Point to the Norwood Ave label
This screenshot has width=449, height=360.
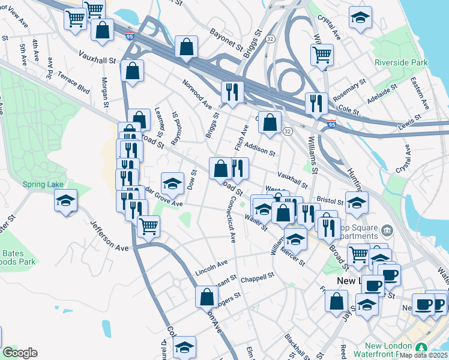click(197, 94)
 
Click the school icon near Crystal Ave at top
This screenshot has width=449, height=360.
click(360, 18)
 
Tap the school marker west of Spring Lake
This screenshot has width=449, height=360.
click(65, 201)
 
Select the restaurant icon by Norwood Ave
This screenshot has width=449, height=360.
click(232, 92)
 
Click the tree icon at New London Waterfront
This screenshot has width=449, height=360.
click(422, 348)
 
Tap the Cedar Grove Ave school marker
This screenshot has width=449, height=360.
click(173, 184)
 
